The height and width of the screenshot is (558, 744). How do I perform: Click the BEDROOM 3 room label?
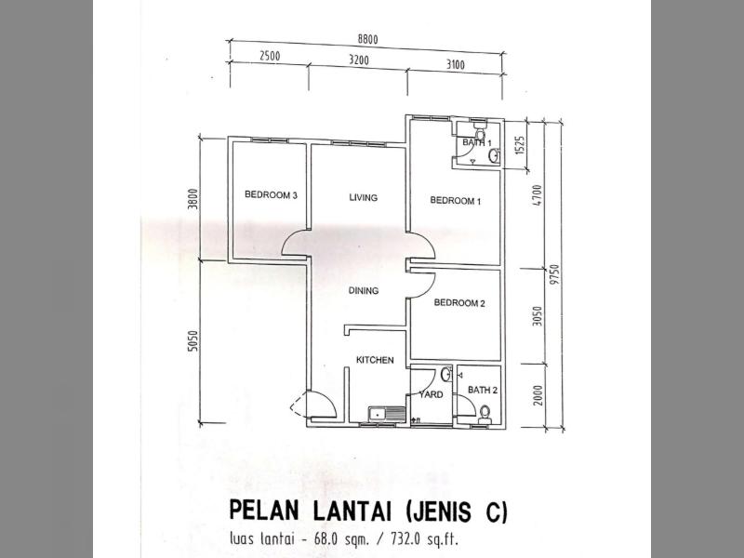[x=271, y=194]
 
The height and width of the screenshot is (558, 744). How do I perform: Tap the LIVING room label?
[x=364, y=197]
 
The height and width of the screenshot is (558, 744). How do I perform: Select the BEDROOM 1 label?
[x=456, y=201]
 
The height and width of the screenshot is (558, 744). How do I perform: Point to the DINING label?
[x=364, y=290]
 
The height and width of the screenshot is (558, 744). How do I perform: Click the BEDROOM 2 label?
[x=459, y=303]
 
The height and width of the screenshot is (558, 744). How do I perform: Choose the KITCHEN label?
[x=375, y=360]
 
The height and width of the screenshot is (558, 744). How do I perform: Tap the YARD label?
[x=431, y=394]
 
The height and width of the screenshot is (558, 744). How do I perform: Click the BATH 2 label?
[x=483, y=390]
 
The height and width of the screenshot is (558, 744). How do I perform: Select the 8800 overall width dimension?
[x=367, y=39]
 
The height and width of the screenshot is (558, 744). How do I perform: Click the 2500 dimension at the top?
[x=270, y=56]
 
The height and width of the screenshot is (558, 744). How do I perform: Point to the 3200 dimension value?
[x=359, y=60]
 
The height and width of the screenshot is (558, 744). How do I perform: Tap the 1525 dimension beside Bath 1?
[x=520, y=145]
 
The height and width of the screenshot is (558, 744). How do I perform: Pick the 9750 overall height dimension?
[x=556, y=274]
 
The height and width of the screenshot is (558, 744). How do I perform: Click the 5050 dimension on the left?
[x=193, y=340]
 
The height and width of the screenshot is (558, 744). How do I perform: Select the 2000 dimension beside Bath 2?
[x=538, y=394]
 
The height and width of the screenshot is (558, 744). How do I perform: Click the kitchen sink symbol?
[x=387, y=414]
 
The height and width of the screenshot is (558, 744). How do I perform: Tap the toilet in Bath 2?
[x=485, y=414]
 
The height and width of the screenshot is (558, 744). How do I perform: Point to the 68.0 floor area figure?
[x=324, y=539]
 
